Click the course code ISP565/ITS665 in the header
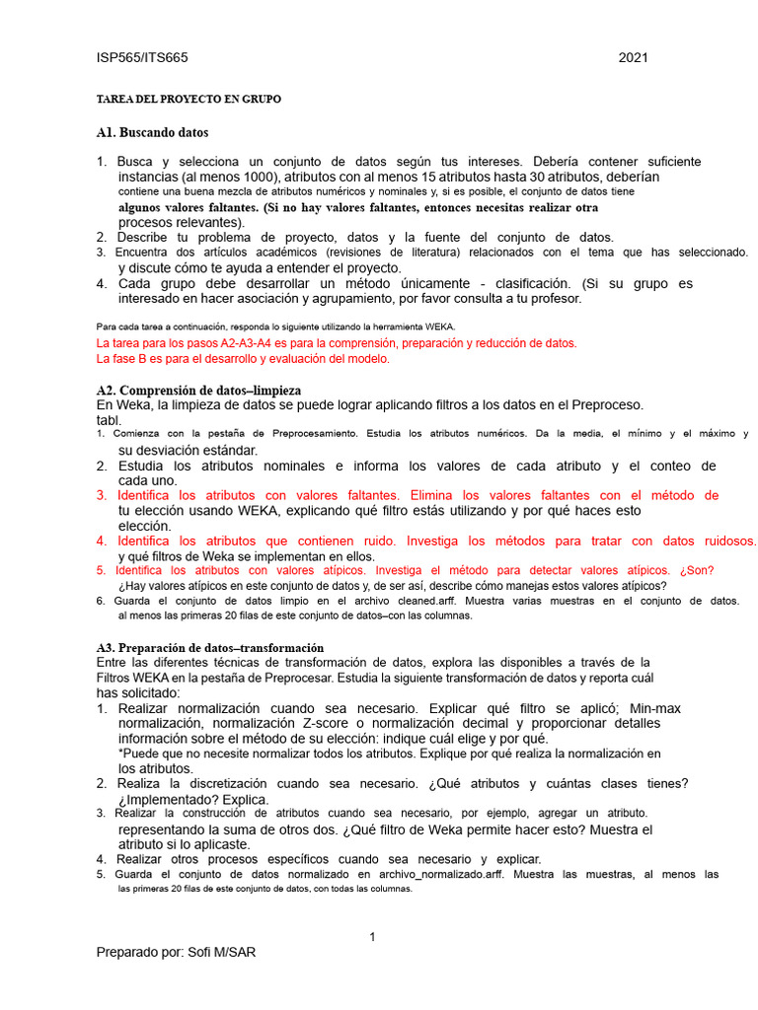[x=142, y=58]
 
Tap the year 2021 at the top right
[x=633, y=58]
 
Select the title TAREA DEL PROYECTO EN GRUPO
[x=188, y=100]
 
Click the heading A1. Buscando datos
[x=152, y=132]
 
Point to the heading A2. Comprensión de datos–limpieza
[x=198, y=391]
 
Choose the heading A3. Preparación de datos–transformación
[x=209, y=647]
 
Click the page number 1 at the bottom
[x=372, y=936]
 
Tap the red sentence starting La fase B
[x=243, y=359]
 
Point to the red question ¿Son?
[x=697, y=570]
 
